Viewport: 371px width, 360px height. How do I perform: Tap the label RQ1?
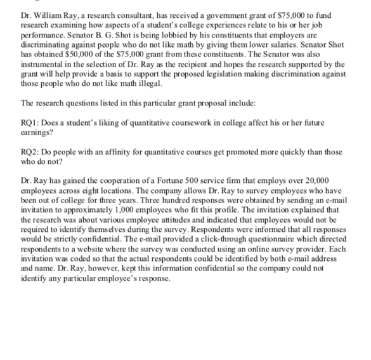30,116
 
